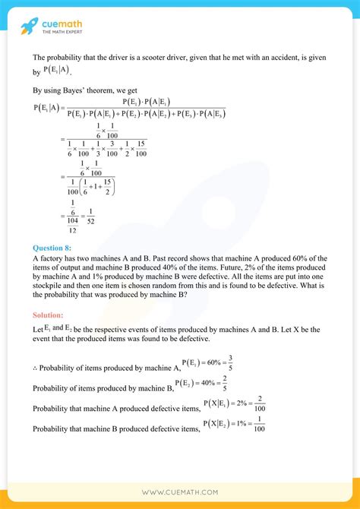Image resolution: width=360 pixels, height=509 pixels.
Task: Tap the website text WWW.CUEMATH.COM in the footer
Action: [x=179, y=492]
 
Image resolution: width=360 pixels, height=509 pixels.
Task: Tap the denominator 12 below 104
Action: [x=71, y=229]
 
